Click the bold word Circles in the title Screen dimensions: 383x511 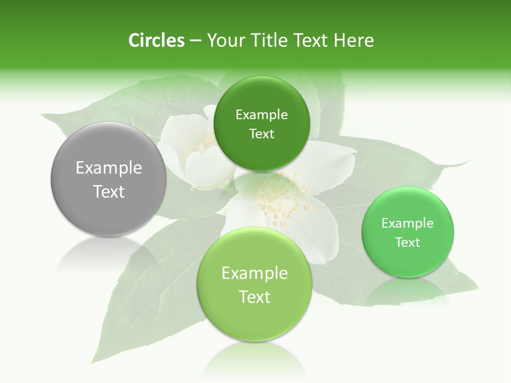click(156, 40)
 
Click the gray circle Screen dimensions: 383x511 click(109, 180)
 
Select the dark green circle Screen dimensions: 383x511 click(261, 123)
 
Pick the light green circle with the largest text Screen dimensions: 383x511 click(254, 284)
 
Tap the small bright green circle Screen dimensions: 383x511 click(407, 232)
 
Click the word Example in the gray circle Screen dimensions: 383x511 click(109, 168)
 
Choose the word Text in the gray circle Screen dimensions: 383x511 click(109, 191)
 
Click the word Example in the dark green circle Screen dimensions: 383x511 click(261, 114)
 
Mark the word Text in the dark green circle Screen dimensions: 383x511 click(261, 134)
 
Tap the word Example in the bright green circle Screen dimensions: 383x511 click(407, 223)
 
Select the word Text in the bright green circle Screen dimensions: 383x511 click(407, 242)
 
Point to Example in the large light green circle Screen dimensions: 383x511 click(254, 273)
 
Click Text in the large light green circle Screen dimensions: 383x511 click(254, 297)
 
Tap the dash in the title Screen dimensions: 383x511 click(195, 41)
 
